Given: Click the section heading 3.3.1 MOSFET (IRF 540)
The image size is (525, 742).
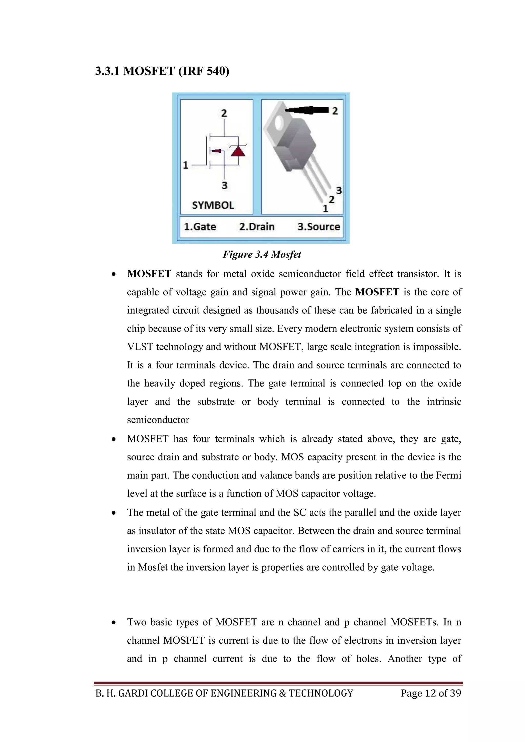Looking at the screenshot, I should pos(162,71).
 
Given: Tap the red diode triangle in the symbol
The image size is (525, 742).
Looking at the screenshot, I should pos(238,151).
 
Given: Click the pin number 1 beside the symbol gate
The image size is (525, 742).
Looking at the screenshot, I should pos(186,165).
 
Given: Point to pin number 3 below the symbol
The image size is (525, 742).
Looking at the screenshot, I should pos(224,186).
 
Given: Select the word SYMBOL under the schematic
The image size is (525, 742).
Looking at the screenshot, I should pos(213,205).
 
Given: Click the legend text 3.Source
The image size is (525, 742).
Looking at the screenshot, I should pos(318,226).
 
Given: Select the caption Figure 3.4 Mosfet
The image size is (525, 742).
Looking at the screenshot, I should pos(261,254).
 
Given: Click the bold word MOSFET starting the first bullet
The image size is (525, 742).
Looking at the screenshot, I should pos(149,274).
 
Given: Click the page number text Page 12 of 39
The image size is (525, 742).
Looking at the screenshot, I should pos(431,693).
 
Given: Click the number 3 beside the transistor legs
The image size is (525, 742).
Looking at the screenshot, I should pos(339,190).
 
